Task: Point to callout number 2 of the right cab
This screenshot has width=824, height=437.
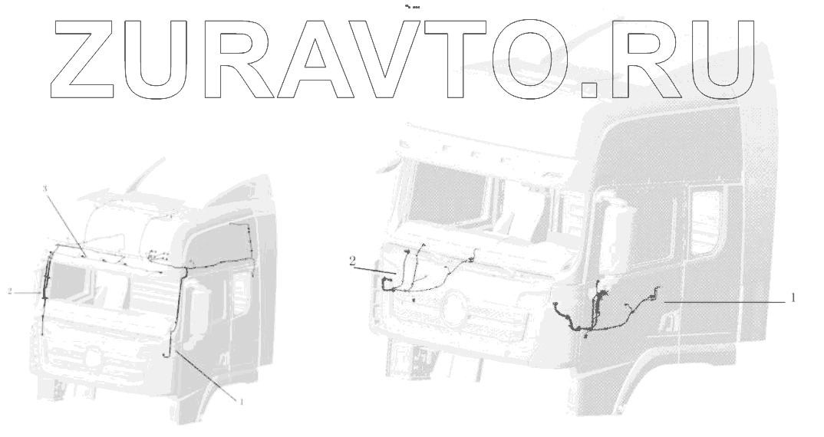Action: click(352, 260)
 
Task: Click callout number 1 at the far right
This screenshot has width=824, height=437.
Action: click(793, 296)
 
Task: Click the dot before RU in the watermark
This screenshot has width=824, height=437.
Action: click(589, 90)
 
